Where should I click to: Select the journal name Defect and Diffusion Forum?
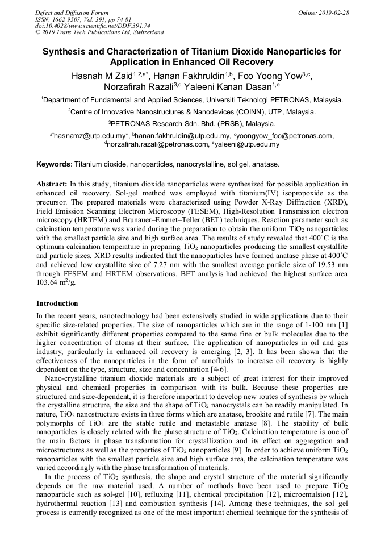pyautogui.click(x=72, y=13)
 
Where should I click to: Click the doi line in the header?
pyautogui.click(x=93, y=26)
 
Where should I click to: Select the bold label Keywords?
pyautogui.click(x=55, y=164)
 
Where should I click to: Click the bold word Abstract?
pyautogui.click(x=52, y=185)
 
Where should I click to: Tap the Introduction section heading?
pyautogui.click(x=57, y=303)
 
